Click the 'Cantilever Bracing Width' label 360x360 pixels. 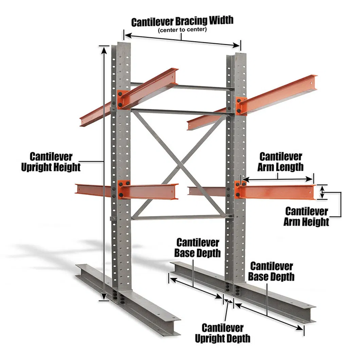[x=182, y=21]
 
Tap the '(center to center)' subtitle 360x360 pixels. [x=182, y=30]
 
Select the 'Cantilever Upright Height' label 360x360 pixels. [x=51, y=162]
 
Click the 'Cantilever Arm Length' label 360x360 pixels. [x=281, y=161]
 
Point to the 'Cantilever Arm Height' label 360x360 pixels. [x=306, y=216]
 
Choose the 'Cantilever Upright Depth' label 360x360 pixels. [x=222, y=333]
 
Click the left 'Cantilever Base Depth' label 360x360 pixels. [x=197, y=248]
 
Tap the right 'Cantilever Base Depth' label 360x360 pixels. [x=271, y=271]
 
